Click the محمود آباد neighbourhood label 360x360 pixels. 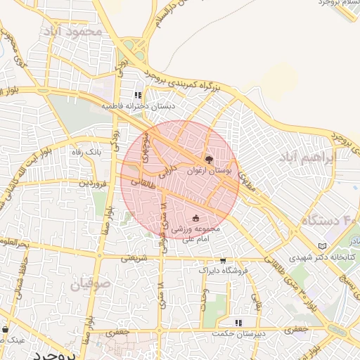(72, 32)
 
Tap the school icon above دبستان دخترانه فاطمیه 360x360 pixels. (138, 94)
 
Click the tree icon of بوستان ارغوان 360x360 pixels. (208, 160)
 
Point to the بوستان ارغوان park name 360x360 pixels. (208, 170)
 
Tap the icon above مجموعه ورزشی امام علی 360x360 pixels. (196, 219)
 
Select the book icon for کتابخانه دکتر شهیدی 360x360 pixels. (323, 246)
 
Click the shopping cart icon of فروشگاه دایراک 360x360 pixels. (223, 259)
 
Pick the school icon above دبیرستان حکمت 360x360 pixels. (238, 322)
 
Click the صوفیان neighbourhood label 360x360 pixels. (90, 284)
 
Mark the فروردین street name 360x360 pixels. (92, 182)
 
